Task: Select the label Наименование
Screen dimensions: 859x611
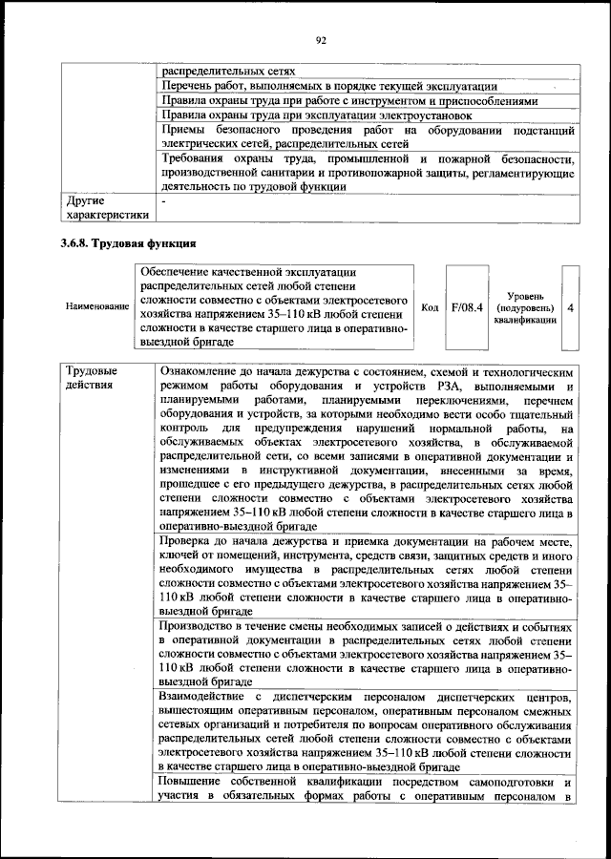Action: click(97, 307)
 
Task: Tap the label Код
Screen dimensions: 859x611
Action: click(430, 307)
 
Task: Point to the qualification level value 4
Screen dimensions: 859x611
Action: click(570, 307)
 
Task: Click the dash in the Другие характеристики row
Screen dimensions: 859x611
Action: click(164, 202)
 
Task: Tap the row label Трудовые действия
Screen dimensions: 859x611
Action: click(93, 377)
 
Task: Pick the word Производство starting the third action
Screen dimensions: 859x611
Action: click(203, 626)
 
